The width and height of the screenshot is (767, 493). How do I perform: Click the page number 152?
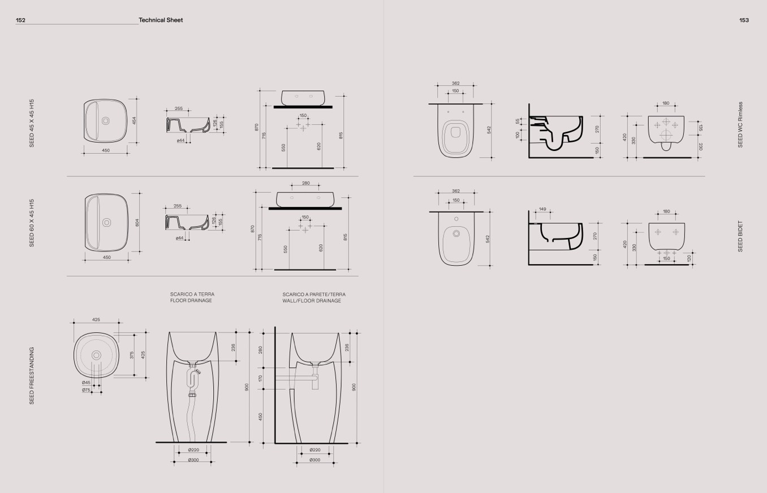click(x=20, y=20)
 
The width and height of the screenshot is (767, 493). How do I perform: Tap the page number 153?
click(x=744, y=20)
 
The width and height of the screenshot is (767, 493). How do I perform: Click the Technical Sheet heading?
click(x=161, y=20)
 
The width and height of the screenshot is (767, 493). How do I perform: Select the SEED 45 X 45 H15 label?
click(x=32, y=123)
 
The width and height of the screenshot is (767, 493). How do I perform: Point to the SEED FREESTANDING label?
click(x=32, y=375)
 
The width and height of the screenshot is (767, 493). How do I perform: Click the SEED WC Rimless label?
click(x=740, y=124)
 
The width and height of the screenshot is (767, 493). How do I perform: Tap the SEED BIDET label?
click(x=740, y=236)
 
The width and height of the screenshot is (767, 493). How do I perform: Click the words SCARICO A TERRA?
click(x=192, y=294)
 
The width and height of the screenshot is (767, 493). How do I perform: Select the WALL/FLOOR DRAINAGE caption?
click(x=312, y=301)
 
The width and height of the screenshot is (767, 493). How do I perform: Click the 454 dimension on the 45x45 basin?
click(x=134, y=120)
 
